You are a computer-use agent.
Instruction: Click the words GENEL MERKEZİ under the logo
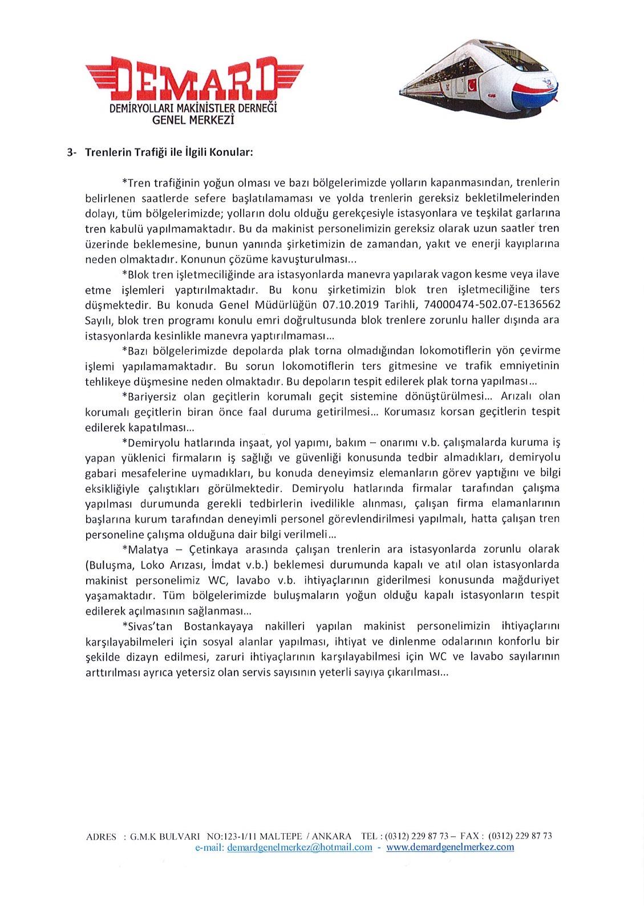pyautogui.click(x=193, y=120)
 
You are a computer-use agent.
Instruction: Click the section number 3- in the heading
pyautogui.click(x=71, y=152)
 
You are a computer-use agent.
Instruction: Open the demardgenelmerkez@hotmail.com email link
pyautogui.click(x=299, y=847)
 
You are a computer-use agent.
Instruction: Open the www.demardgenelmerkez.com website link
pyautogui.click(x=450, y=847)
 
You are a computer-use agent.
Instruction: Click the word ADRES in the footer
pyautogui.click(x=101, y=837)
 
